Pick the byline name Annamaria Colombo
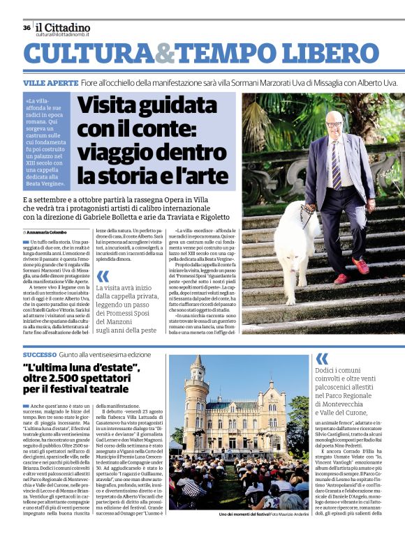[x=49, y=232]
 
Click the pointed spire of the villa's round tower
[x=198, y=363]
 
